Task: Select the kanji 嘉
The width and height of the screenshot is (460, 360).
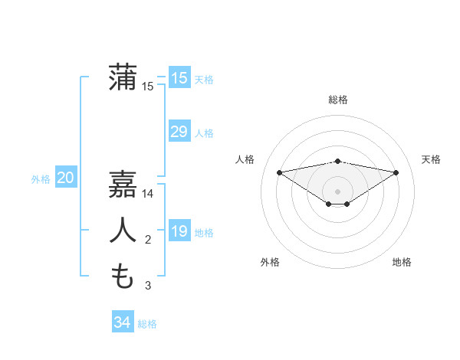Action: click(x=123, y=184)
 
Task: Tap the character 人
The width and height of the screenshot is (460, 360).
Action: click(x=123, y=231)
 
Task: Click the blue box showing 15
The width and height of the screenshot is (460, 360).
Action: click(x=179, y=78)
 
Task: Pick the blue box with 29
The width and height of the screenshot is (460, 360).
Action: click(x=179, y=132)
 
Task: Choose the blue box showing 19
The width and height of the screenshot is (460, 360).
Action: click(x=179, y=231)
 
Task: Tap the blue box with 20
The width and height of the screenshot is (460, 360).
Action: click(x=66, y=178)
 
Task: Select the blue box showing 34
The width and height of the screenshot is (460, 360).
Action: click(x=122, y=322)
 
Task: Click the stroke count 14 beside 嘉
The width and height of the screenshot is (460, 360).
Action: click(x=148, y=194)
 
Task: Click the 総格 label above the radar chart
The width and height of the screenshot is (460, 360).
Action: click(x=338, y=100)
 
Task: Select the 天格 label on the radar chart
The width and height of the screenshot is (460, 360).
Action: click(x=432, y=159)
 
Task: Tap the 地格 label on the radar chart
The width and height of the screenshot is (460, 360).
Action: click(x=402, y=262)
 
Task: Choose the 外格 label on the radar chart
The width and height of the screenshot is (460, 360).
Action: click(x=270, y=262)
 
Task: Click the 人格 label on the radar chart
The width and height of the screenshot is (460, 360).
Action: click(x=245, y=159)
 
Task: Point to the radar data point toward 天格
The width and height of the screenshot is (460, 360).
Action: click(x=396, y=172)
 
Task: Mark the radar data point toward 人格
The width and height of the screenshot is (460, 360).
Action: click(x=279, y=172)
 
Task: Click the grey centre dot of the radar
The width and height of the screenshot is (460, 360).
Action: click(x=337, y=191)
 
